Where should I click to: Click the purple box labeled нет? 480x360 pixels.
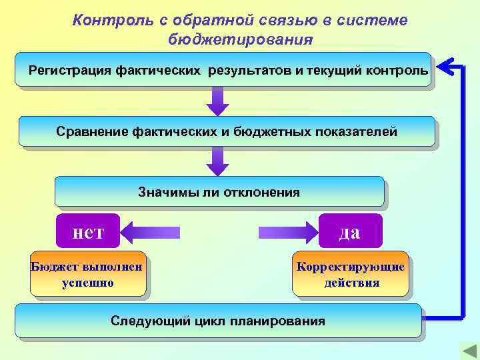[88, 231]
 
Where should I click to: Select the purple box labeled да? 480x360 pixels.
[350, 231]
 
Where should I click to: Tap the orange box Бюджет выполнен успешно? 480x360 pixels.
[87, 274]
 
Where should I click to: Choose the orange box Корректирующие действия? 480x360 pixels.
[351, 274]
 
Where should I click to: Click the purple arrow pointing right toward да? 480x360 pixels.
[287, 232]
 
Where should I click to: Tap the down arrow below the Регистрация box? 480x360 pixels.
[217, 101]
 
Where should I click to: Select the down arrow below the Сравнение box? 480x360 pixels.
[217, 161]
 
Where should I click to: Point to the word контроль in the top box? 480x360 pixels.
[400, 70]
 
